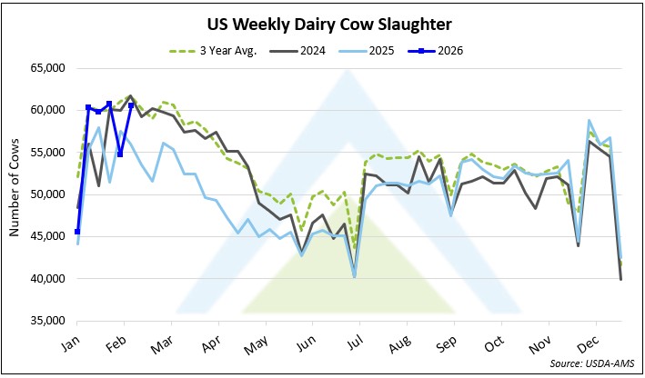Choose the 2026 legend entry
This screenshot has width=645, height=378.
pyautogui.click(x=446, y=50)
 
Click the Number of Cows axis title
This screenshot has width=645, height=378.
pyautogui.click(x=15, y=194)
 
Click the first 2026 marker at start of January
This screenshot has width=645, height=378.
pyautogui.click(x=77, y=232)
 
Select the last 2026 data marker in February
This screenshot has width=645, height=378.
pyautogui.click(x=132, y=105)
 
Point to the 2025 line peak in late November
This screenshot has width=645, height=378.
pyautogui.click(x=590, y=120)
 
